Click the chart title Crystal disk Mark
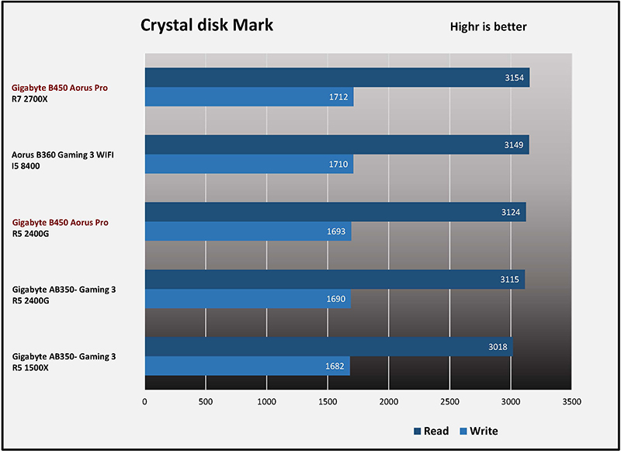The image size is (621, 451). [206, 25]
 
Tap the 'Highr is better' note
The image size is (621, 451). [488, 27]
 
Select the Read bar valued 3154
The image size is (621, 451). [337, 78]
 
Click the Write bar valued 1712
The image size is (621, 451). [249, 98]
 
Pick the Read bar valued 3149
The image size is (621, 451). [337, 144]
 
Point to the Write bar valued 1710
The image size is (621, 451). [249, 165]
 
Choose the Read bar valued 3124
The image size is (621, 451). [335, 212]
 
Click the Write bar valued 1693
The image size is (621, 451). [248, 232]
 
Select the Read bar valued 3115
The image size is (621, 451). [335, 279]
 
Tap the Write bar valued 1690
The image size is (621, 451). [248, 300]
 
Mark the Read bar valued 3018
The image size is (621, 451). [329, 346]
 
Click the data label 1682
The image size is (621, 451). [336, 366]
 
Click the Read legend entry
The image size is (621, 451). [431, 431]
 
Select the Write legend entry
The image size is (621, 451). [479, 431]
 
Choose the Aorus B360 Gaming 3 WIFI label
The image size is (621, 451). [68, 155]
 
